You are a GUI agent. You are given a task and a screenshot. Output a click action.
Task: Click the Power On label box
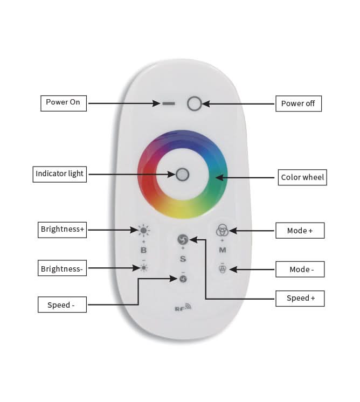64,103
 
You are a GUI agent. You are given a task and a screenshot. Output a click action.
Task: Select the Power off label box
299,103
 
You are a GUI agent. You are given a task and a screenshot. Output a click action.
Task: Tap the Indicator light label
60,174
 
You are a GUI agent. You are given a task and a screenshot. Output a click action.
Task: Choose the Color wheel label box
303,177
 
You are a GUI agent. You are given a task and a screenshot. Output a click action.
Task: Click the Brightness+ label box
63,230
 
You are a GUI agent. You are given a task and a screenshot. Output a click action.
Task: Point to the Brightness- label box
62,268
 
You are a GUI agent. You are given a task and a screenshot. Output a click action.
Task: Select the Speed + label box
301,299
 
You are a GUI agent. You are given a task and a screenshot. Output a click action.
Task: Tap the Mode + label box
300,231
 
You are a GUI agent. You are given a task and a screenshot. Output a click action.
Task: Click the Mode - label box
300,269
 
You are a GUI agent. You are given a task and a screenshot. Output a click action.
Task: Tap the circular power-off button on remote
194,103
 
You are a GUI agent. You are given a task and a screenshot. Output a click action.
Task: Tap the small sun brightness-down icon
143,267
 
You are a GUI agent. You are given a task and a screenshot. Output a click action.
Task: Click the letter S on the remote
183,259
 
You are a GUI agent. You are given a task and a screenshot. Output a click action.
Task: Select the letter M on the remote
222,251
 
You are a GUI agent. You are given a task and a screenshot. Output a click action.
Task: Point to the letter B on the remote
143,250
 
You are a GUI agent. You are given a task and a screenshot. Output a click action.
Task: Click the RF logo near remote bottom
183,308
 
